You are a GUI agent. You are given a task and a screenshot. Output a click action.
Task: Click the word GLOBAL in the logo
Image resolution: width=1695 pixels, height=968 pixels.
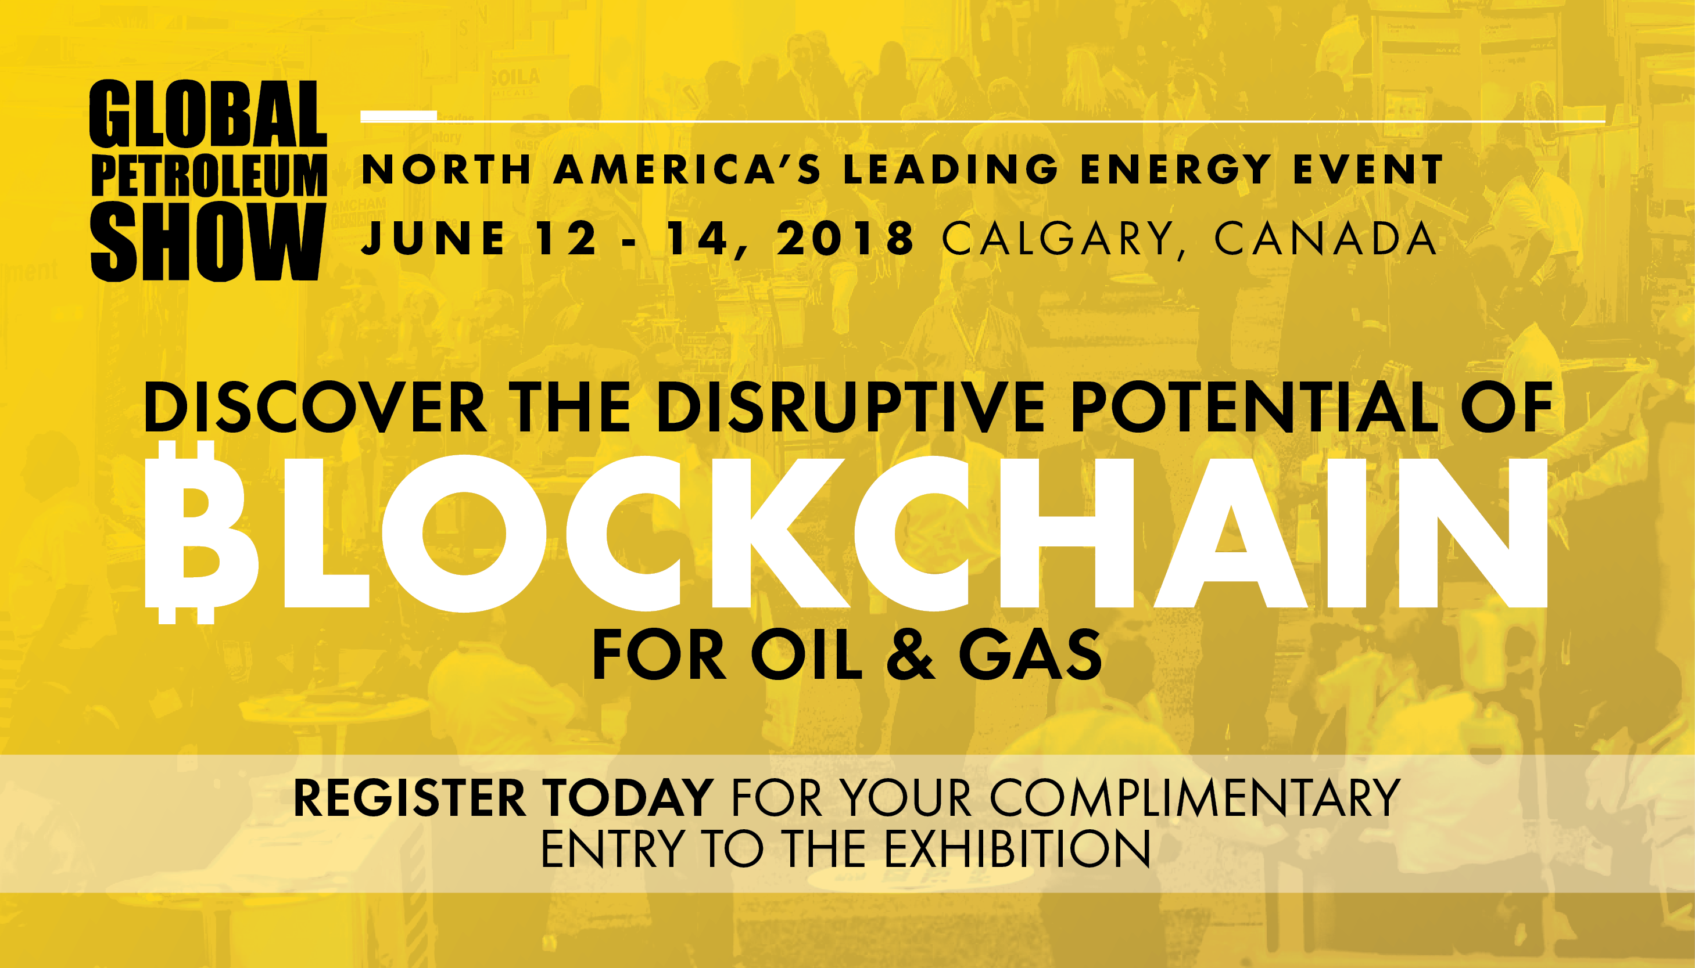coord(208,114)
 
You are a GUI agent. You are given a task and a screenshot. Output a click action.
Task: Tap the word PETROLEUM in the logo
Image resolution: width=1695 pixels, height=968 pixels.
coord(209,175)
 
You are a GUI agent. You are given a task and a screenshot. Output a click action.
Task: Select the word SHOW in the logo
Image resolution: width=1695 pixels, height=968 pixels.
coord(207,242)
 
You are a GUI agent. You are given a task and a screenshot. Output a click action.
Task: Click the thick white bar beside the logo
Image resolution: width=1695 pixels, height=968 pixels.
coord(399,116)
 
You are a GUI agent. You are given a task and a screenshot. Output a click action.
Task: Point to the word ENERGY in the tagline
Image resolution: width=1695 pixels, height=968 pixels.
coord(1176,170)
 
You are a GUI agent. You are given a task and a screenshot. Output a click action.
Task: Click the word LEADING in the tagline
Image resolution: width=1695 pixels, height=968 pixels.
coord(951,170)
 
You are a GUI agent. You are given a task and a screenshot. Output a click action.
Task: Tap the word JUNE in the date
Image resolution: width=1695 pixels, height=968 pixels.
coord(433,238)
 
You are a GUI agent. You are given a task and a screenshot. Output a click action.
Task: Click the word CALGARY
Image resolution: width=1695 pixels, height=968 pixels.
coord(1058,239)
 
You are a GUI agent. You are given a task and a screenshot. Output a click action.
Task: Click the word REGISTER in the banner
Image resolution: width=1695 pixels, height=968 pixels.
coord(409,798)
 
